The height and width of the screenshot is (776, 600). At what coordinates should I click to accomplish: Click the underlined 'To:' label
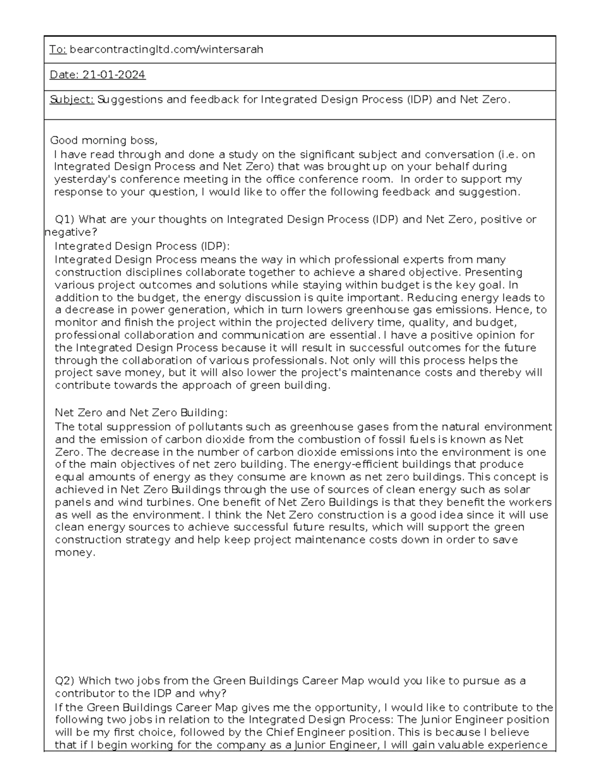pos(58,49)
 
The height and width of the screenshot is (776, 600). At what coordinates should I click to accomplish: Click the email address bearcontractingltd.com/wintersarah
pos(166,49)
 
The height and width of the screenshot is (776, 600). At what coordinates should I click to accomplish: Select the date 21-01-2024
pos(114,75)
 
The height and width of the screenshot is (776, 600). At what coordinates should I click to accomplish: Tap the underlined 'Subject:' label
pos(71,99)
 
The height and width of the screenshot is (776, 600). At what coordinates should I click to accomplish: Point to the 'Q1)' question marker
pos(65,219)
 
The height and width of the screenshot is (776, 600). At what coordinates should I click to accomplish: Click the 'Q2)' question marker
pos(65,681)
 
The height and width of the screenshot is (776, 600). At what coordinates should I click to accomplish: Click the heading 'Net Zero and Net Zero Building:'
pos(141,413)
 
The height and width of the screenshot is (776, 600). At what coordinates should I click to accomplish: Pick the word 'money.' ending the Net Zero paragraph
pos(74,553)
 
